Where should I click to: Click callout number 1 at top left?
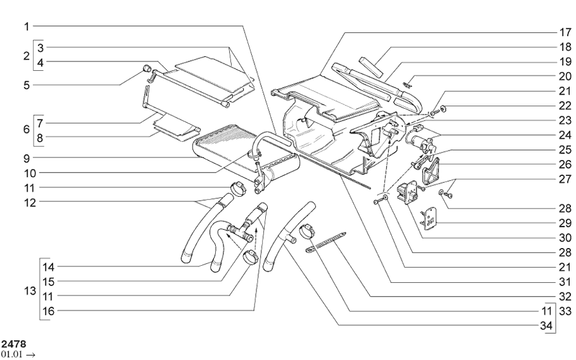tap(27, 27)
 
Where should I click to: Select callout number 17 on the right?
tap(565, 32)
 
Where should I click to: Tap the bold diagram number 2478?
tap(14, 344)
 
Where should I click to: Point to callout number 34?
tap(546, 325)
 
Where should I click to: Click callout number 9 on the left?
tap(27, 159)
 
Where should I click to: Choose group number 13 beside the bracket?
tap(30, 291)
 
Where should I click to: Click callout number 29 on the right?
tap(565, 223)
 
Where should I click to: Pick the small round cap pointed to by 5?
tap(147, 68)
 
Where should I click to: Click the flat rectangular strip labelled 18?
tap(371, 66)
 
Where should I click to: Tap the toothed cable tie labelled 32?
tap(325, 243)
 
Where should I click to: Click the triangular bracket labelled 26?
tap(430, 171)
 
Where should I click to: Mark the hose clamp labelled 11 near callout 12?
tap(237, 188)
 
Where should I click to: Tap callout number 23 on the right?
tap(565, 120)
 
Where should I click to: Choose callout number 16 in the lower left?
tap(48, 311)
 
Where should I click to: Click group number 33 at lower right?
tap(565, 311)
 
